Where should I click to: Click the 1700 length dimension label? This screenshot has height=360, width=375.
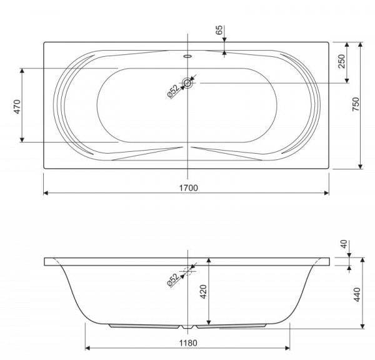[189, 188]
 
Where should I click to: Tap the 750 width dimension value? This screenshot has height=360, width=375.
[356, 104]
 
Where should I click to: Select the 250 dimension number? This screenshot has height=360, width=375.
[342, 61]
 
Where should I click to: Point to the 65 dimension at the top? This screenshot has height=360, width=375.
[219, 29]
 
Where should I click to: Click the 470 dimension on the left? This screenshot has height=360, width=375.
[17, 107]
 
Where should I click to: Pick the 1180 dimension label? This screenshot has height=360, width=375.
[188, 343]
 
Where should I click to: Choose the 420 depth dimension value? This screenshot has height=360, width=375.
[203, 292]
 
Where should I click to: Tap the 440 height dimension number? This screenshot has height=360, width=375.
[357, 294]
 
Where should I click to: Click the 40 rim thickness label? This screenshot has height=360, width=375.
[344, 244]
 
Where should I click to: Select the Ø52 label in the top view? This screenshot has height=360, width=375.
[173, 91]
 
